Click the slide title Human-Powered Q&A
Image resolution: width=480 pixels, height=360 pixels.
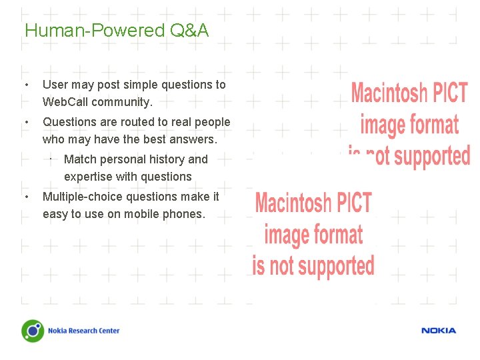coord(117,31)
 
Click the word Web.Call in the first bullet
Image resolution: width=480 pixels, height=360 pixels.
coord(65,102)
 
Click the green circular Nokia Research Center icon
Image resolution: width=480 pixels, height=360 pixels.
coord(33,331)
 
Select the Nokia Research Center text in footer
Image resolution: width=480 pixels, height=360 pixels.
coord(83,331)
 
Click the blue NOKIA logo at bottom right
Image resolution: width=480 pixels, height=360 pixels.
coord(438,331)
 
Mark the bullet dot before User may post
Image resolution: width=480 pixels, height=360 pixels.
coord(25,85)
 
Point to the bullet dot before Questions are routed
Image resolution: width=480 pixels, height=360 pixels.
coord(25,123)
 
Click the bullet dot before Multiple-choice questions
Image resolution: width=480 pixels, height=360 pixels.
coord(25,197)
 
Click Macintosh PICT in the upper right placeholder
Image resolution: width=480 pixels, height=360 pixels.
coord(409,93)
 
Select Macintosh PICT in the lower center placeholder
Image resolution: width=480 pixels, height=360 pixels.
coord(313,203)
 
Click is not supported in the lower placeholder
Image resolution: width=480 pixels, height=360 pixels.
coord(313,265)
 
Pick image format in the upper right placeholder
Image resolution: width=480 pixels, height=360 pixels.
coord(409,125)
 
